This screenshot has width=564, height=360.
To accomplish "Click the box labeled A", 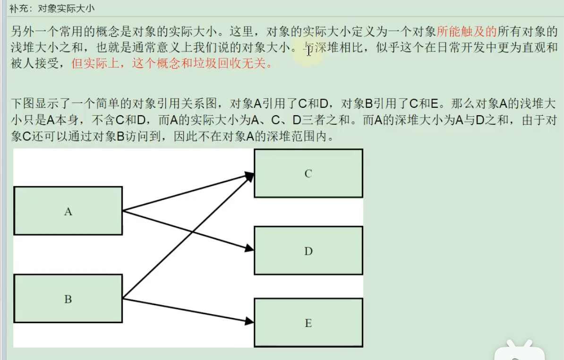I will [x=68, y=211].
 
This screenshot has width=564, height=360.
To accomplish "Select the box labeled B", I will [x=68, y=299].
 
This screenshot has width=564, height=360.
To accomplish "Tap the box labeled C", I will [x=308, y=173].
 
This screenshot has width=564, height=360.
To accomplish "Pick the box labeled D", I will [x=308, y=251].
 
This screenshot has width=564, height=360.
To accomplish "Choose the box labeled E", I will [x=308, y=323].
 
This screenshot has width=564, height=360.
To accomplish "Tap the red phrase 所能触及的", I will [x=466, y=32].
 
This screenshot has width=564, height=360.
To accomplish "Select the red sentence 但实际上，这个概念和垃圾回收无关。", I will [x=172, y=63].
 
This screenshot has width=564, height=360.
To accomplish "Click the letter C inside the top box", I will [x=308, y=174].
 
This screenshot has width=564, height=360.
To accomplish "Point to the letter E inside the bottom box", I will [x=308, y=323].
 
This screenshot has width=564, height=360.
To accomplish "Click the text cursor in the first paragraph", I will [x=308, y=51].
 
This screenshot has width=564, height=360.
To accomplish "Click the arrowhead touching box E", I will [x=249, y=321].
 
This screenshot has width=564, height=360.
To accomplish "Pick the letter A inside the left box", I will [x=68, y=212].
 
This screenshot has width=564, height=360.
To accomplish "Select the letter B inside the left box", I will [x=68, y=299].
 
